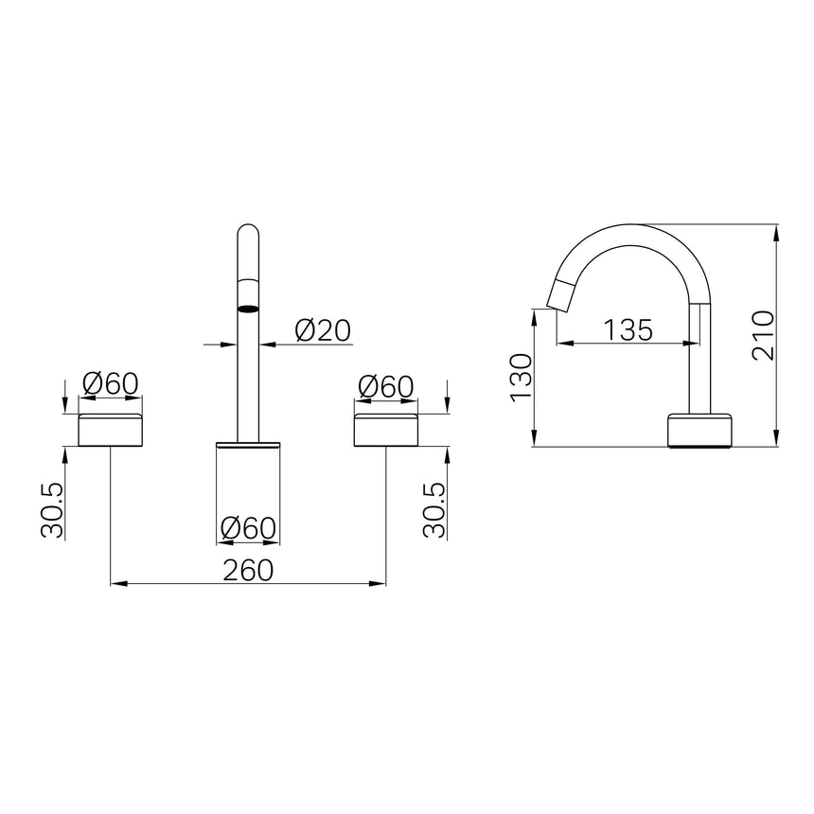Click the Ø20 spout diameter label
pos(323,330)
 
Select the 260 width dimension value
pos(248,570)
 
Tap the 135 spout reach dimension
pos(628,329)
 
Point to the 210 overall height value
pos(763,335)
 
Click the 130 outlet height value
pos(521,377)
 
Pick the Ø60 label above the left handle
pos(111,384)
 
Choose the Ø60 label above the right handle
pos(386,387)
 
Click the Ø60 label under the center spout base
pos(248,528)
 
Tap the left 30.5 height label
pos(52,510)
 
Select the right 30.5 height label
pos(434,510)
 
